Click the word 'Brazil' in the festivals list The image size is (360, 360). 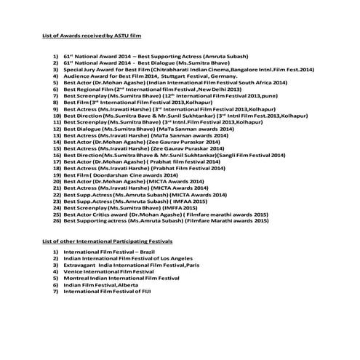134,251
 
